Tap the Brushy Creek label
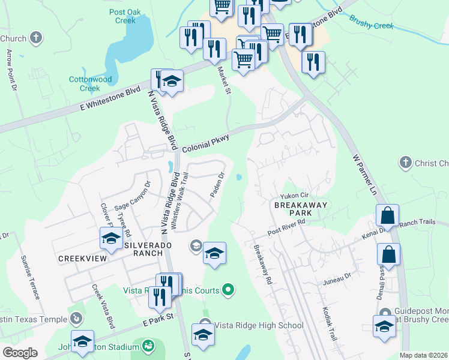371,23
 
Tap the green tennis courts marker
228,291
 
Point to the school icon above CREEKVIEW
111,239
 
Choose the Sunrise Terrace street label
31,277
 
